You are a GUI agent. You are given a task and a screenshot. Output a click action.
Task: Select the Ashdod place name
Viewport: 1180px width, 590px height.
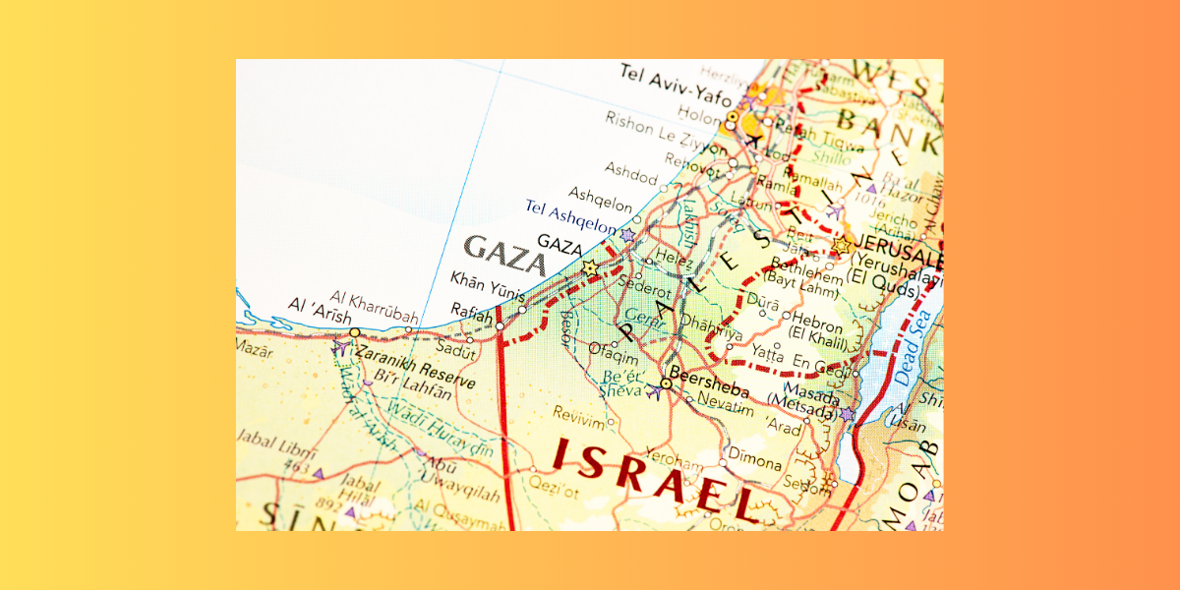click(630, 175)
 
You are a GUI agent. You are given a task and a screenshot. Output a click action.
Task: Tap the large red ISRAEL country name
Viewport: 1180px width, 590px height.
click(654, 476)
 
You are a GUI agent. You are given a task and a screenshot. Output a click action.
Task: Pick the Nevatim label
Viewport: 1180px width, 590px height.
click(725, 405)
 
